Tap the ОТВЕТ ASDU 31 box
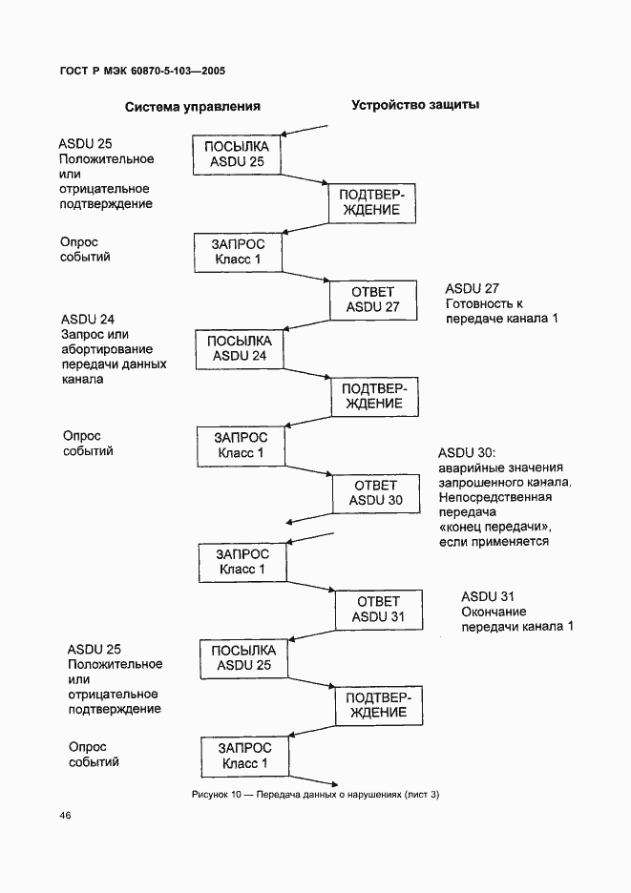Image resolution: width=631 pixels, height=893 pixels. (378, 609)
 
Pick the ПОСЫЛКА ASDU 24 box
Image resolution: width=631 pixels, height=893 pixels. (240, 349)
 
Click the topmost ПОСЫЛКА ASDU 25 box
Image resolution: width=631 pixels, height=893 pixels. (237, 155)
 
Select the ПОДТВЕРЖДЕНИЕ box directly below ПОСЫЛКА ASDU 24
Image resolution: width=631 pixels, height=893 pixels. (372, 395)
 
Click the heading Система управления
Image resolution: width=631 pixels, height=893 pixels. (192, 107)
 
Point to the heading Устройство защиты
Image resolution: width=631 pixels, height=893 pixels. (415, 105)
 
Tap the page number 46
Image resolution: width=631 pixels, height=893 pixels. (64, 815)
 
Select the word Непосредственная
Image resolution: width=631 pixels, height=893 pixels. (495, 497)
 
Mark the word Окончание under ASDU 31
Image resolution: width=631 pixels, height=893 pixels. (494, 612)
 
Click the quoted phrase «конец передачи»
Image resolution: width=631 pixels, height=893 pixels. (496, 527)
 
